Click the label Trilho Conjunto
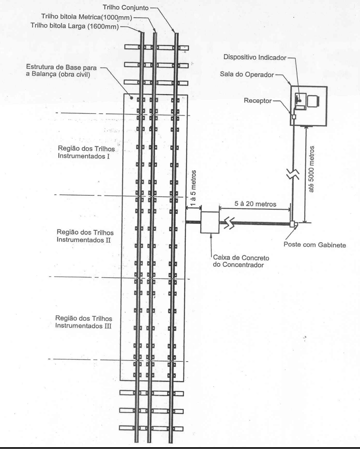click(126, 7)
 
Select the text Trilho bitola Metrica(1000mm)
click(87, 17)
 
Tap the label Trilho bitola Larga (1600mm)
click(75, 26)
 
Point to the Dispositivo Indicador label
click(255, 57)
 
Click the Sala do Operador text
click(247, 74)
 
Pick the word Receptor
click(258, 101)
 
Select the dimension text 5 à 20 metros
click(255, 204)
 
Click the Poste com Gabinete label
click(315, 245)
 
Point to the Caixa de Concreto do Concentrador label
click(241, 261)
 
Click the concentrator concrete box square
click(210, 222)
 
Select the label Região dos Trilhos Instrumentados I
click(86, 152)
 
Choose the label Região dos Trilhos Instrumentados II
click(85, 236)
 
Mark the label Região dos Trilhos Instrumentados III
click(84, 322)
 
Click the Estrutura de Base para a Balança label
click(61, 71)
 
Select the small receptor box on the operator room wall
click(294, 117)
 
